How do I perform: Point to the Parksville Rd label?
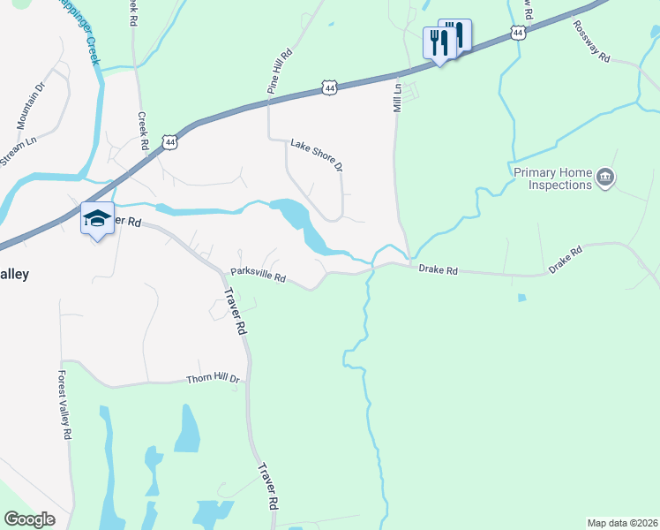[x=259, y=276]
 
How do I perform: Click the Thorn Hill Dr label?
[x=213, y=378]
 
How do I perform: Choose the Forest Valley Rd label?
[x=64, y=403]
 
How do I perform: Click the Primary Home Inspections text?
[x=552, y=179]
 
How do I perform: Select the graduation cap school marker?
[x=97, y=219]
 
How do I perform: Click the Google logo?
[x=29, y=519]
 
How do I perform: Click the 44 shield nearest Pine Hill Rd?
[x=329, y=88]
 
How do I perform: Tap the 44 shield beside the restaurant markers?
[x=519, y=33]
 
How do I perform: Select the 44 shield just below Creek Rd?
[x=169, y=141]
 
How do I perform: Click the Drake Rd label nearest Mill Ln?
[x=438, y=269]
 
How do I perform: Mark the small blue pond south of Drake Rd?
[x=521, y=298]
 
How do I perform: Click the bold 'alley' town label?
[x=14, y=275]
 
